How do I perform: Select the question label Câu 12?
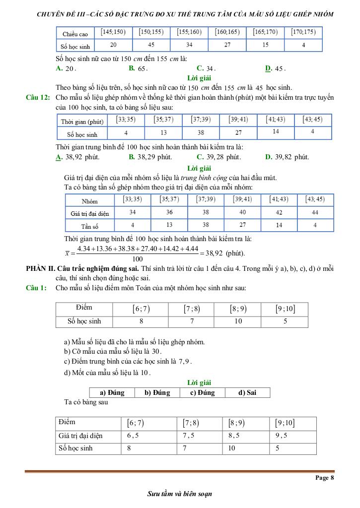[x=38, y=97]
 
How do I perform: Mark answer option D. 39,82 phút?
[x=287, y=157]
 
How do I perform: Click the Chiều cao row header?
[x=75, y=34]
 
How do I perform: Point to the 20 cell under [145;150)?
[x=113, y=45]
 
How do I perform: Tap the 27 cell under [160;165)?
[x=227, y=45]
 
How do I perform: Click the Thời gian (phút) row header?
[x=82, y=122]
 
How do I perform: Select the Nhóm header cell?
[x=90, y=201]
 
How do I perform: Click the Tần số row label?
[x=90, y=226]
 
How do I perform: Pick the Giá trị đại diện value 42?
[x=279, y=213]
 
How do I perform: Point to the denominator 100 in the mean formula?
[x=138, y=259]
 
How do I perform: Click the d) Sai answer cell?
[x=247, y=392]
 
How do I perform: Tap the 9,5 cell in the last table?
[x=283, y=436]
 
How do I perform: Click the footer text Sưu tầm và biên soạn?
[x=180, y=494]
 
